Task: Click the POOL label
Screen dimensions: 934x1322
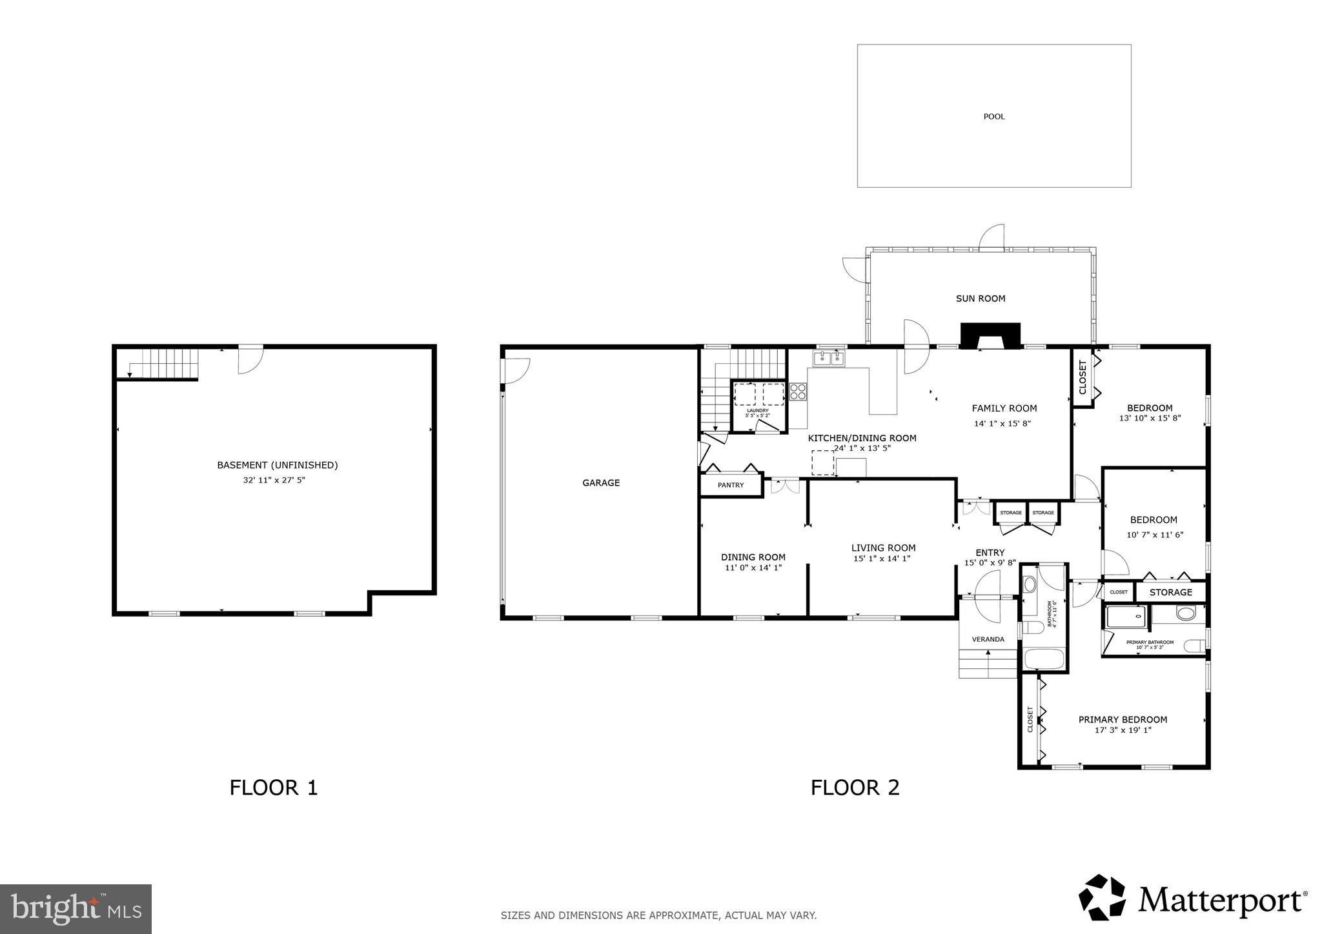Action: click(x=993, y=117)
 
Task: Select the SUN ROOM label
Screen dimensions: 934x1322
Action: click(x=980, y=299)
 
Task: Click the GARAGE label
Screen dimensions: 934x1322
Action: click(x=601, y=482)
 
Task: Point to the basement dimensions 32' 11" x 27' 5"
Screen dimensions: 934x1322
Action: click(x=269, y=480)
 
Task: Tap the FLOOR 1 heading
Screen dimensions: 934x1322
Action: click(x=274, y=788)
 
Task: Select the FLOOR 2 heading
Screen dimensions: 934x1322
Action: click(x=855, y=788)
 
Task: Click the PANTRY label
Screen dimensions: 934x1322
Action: click(x=731, y=485)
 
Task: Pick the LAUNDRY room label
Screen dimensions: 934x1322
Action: click(x=758, y=411)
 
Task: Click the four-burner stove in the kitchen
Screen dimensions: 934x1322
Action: click(x=798, y=392)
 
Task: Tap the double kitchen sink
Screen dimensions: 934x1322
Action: click(x=829, y=358)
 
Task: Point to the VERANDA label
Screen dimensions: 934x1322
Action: click(x=988, y=639)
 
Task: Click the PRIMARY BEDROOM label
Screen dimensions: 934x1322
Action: click(x=1123, y=719)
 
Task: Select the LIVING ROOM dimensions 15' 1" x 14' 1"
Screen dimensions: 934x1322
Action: click(x=882, y=559)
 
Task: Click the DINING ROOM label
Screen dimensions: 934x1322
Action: click(x=753, y=557)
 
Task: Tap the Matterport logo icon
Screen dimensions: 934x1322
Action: click(x=1103, y=897)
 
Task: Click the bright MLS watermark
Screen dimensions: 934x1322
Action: click(x=76, y=909)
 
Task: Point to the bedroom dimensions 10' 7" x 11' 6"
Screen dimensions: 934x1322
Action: click(x=1154, y=534)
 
